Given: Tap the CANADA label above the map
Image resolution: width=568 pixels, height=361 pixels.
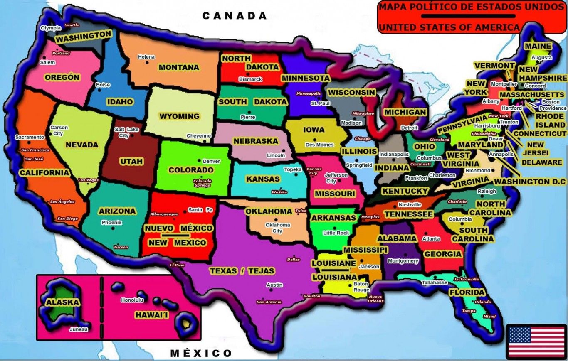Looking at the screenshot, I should coord(235,16).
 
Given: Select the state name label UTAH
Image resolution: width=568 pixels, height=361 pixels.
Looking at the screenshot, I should coord(131,161).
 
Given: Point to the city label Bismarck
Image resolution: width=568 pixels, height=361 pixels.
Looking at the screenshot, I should coord(250,79).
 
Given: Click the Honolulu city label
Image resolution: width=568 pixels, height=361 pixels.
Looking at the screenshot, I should coord(132,300).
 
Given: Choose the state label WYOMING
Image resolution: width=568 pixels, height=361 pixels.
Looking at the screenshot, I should coord(180,116).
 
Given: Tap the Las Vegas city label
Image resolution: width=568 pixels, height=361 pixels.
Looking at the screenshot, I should coord(88,180).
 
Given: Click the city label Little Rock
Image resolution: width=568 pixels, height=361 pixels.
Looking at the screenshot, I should coord(336,233).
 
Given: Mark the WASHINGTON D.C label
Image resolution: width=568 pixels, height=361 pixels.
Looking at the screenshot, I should coord(530,182).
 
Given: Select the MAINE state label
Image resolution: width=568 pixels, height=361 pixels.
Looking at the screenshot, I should coord(538,46).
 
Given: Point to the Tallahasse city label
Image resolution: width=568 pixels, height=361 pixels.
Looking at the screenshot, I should coord(435,282).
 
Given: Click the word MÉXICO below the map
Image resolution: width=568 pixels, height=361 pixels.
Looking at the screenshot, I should coord(201,354).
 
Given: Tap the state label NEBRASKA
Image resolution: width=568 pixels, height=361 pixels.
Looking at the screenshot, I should coord(255,141).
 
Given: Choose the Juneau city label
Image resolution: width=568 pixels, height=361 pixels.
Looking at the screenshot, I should coord(79,329).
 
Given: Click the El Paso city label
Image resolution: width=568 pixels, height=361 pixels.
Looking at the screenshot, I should coord(177,265).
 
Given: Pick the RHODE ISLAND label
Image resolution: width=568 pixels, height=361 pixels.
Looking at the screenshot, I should coord(550,120).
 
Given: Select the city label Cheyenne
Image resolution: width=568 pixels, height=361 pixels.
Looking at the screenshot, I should coord(199,136).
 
